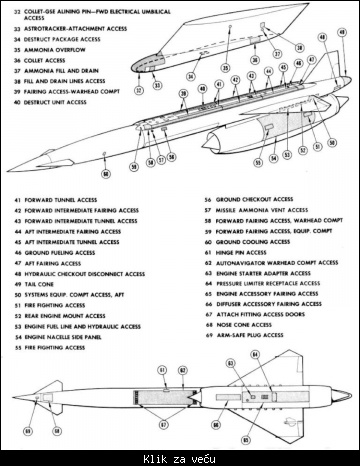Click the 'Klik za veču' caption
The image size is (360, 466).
point(181,456)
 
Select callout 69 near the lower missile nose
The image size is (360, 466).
point(30,431)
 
